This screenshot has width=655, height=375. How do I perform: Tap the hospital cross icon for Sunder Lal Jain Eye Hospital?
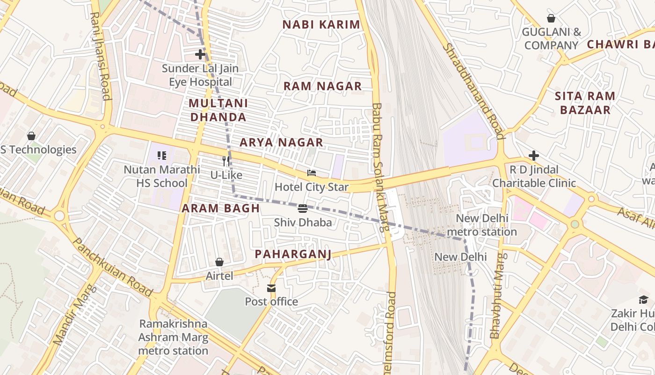200,54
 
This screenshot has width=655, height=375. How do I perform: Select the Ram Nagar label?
323,86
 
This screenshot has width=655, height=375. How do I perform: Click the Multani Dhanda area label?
218,110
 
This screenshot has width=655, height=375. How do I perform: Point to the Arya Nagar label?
281,142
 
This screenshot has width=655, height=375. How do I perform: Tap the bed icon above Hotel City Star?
312,173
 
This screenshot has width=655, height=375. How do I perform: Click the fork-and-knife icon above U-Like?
226,161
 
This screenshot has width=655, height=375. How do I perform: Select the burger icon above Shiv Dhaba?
303,208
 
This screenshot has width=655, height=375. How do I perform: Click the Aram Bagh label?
220,209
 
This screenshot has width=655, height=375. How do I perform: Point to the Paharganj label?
293,254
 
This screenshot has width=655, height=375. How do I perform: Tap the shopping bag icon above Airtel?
219,262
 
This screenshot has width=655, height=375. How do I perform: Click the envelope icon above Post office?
271,288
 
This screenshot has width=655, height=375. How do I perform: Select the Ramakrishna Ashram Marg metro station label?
173,337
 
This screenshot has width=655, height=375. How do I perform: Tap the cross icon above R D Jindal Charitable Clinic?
534,155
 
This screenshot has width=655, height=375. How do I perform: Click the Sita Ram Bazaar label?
585,103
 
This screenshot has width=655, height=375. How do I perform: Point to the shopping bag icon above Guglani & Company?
551,18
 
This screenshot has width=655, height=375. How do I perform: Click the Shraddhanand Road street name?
473,91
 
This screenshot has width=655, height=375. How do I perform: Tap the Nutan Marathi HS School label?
162,176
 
